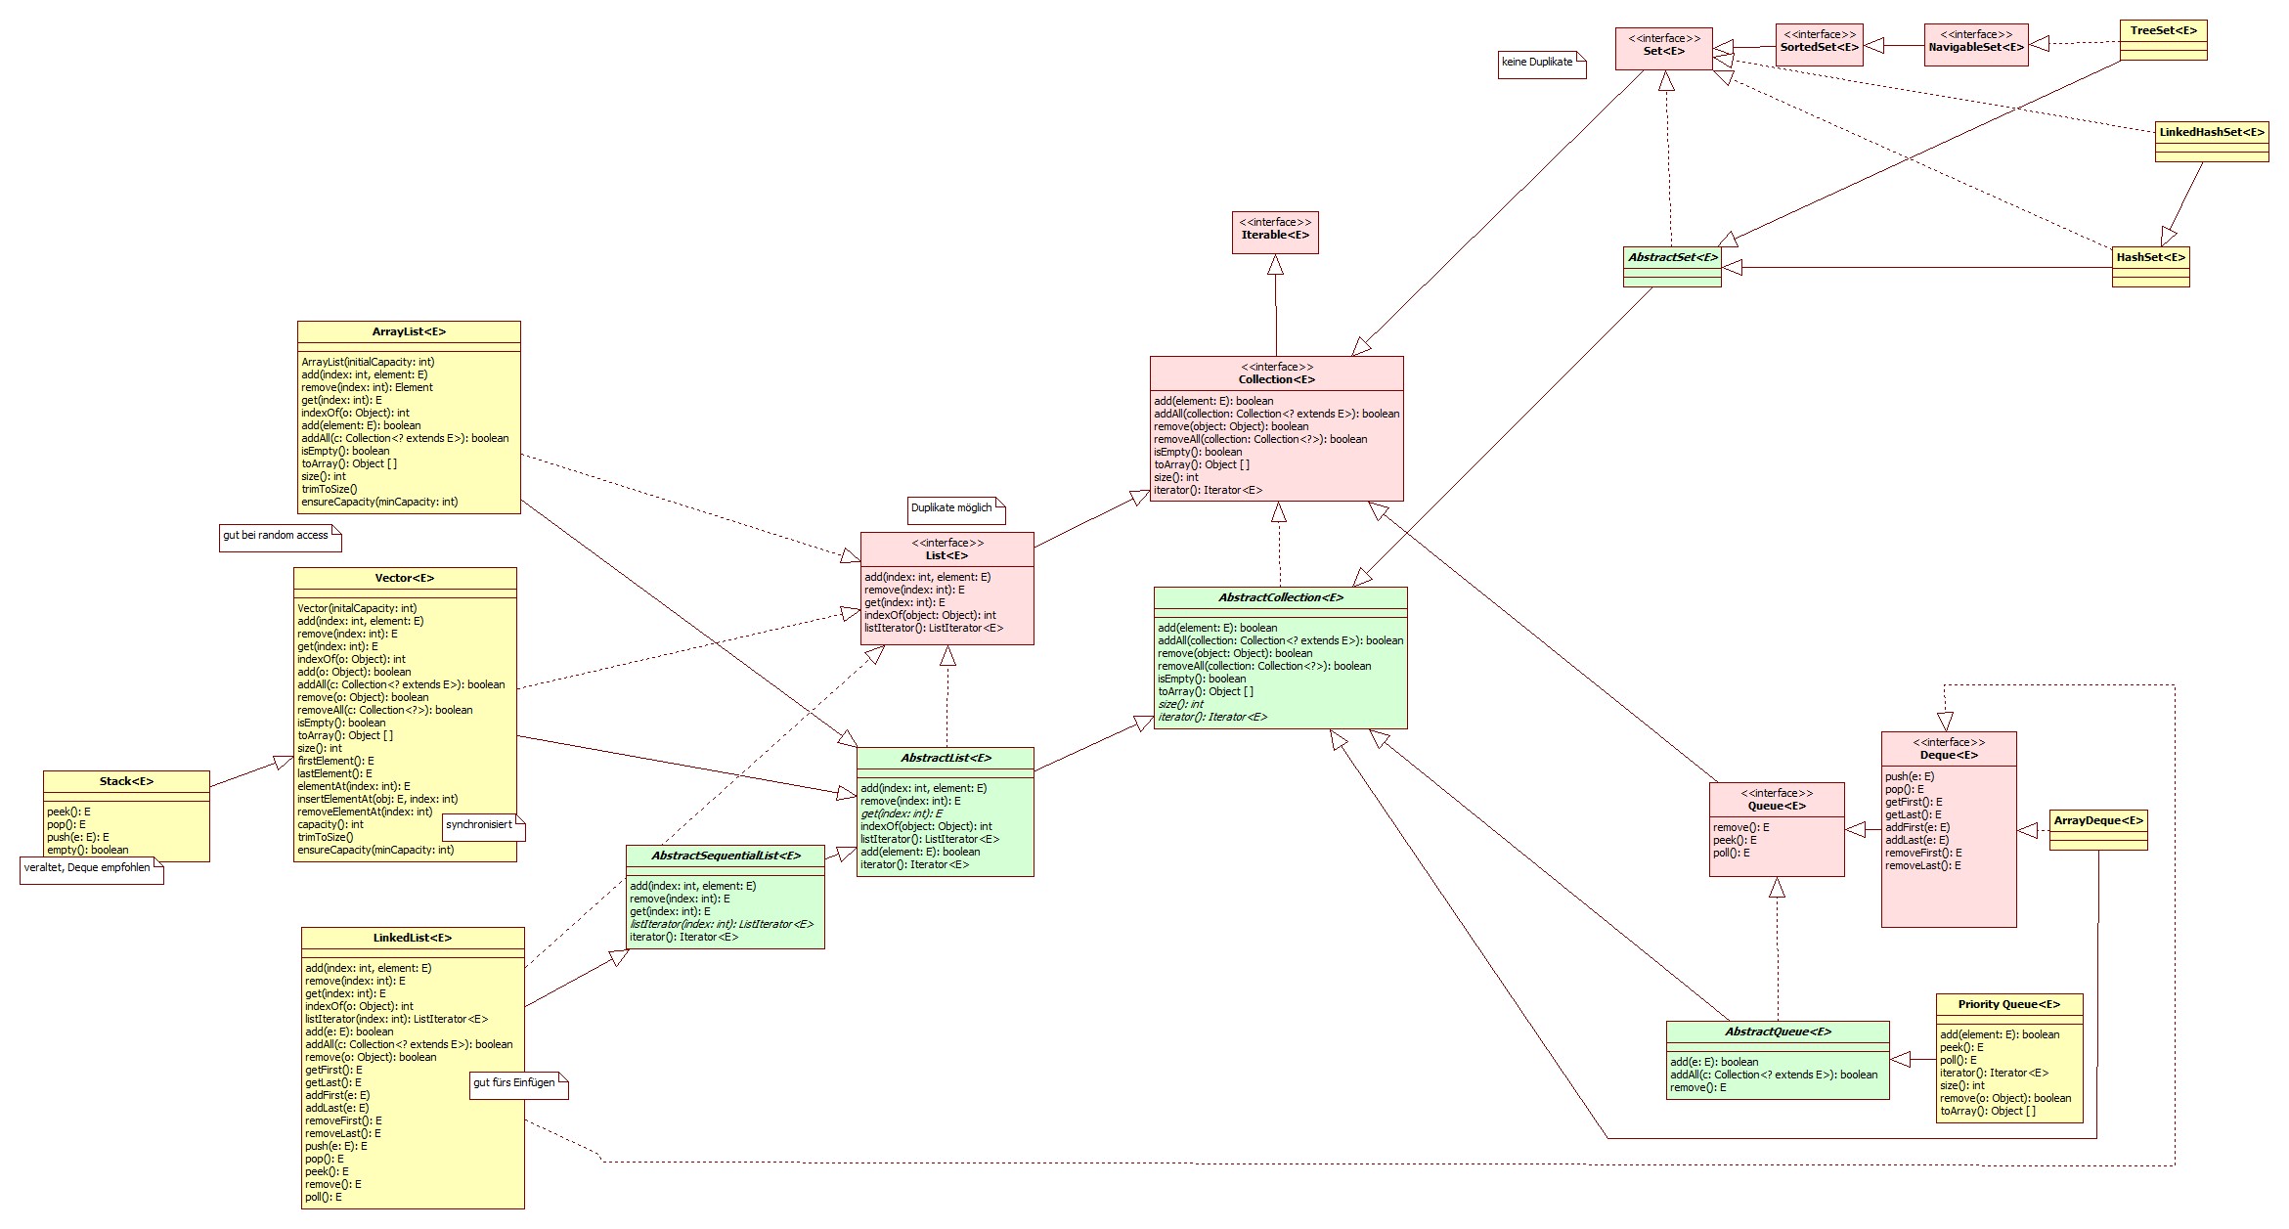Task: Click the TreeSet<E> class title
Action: tap(2163, 30)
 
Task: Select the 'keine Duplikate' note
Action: tap(1540, 64)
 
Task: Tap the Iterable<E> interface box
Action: tap(1274, 232)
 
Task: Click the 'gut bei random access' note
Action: tap(279, 537)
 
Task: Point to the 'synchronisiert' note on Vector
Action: tap(482, 826)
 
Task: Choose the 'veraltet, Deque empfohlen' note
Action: tap(90, 869)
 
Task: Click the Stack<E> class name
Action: tap(126, 781)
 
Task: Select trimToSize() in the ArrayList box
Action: tap(330, 489)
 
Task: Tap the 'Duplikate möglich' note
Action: tap(954, 509)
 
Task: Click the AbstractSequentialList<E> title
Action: tap(726, 856)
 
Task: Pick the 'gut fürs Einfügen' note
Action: tap(517, 1084)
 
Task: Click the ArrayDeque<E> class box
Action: tap(2097, 829)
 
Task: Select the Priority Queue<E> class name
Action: tap(2008, 1004)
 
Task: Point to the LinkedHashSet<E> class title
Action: tap(2211, 132)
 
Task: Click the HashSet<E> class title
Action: tap(2150, 257)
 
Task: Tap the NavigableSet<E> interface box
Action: tap(1975, 45)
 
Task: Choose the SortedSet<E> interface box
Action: tap(1819, 45)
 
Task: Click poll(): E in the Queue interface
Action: tap(1732, 853)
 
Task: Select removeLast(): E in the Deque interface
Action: tap(1922, 865)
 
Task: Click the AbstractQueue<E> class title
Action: tap(1778, 1031)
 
